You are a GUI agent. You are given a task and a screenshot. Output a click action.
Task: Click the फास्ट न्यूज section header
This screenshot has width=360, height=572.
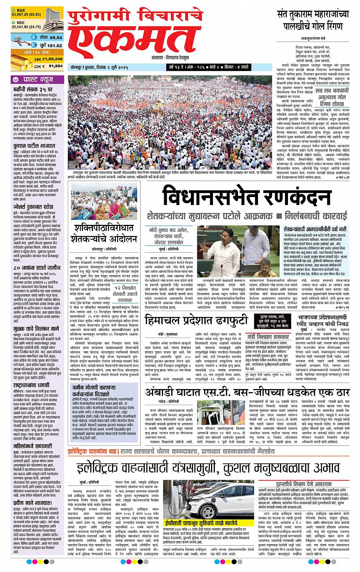point(36,80)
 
